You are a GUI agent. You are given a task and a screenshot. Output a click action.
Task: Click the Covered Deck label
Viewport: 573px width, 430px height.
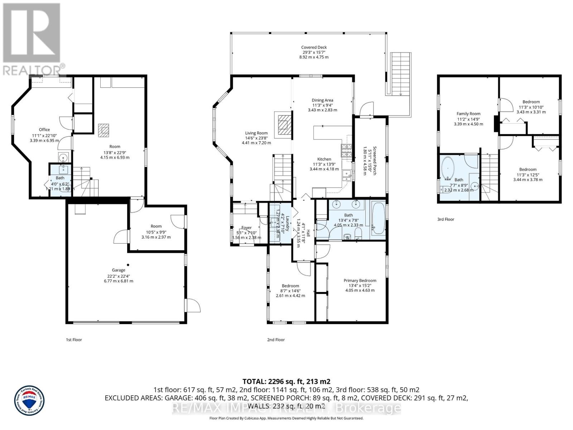[314, 47]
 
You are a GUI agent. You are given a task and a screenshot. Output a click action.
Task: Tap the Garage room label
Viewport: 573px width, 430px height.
[119, 270]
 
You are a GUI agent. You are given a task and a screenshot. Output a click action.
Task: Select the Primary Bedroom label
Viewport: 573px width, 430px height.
[360, 281]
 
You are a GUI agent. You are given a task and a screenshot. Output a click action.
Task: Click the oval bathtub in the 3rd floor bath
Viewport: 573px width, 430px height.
[448, 168]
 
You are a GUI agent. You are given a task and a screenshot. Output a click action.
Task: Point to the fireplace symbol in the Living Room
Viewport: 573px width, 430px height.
[283, 125]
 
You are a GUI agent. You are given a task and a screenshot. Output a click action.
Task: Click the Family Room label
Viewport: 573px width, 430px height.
[468, 114]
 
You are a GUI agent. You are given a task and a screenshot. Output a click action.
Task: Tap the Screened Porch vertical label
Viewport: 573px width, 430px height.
[375, 161]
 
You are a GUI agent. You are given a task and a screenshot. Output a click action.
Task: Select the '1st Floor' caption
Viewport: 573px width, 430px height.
[74, 340]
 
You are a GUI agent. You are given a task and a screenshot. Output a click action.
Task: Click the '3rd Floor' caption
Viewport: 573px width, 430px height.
[446, 219]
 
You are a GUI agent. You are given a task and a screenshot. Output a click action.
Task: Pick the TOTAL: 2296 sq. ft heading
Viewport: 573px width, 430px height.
[286, 381]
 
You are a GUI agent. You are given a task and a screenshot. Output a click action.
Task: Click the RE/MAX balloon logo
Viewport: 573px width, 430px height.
[29, 399]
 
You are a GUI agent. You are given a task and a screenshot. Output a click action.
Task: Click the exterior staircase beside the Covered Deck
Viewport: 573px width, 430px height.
[400, 73]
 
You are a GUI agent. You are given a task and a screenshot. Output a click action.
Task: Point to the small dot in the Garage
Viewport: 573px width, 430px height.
[128, 265]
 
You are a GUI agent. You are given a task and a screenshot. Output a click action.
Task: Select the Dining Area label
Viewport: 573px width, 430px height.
[322, 100]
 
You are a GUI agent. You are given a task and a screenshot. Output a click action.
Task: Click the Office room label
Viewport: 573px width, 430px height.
[44, 130]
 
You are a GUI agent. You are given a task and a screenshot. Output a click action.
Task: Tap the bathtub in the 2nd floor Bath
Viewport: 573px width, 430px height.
[378, 218]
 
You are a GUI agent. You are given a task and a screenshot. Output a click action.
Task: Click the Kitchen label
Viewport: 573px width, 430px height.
[324, 159]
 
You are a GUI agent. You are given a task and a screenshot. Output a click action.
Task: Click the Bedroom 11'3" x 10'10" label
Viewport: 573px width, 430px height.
[531, 102]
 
